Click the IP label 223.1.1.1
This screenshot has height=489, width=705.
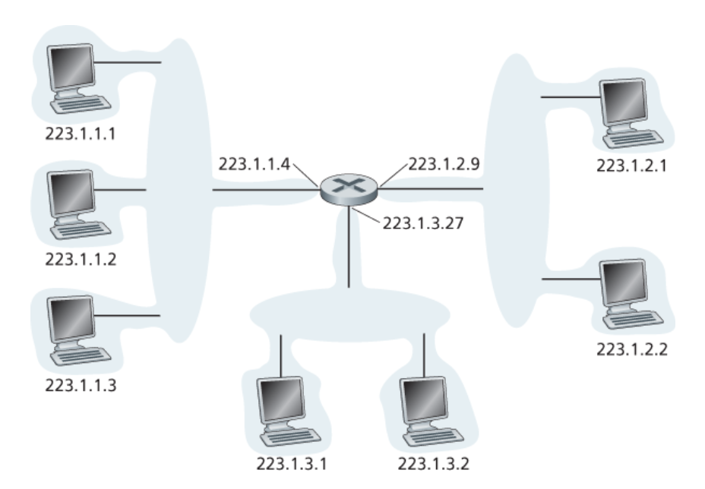(x=81, y=134)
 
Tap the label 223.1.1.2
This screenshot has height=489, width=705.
(x=81, y=260)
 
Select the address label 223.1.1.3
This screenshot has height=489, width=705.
(x=81, y=385)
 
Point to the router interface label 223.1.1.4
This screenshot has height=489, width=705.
(x=254, y=164)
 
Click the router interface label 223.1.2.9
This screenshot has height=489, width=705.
(x=444, y=164)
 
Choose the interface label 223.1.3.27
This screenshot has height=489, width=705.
(x=423, y=223)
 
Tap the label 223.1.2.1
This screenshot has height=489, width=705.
(x=632, y=166)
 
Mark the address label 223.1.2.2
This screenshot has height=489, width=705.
(x=632, y=349)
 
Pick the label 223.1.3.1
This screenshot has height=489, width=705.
(x=292, y=463)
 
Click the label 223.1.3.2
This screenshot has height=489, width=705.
(x=434, y=463)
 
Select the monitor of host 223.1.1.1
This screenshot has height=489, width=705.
(x=72, y=68)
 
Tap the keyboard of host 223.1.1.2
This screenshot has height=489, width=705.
(x=81, y=230)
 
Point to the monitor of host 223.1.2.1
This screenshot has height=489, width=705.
(x=624, y=103)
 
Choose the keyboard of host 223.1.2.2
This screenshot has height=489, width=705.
(x=633, y=319)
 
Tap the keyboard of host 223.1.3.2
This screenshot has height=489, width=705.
(x=434, y=437)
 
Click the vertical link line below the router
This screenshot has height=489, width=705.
(x=349, y=247)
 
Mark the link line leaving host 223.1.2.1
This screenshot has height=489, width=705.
(x=571, y=96)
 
